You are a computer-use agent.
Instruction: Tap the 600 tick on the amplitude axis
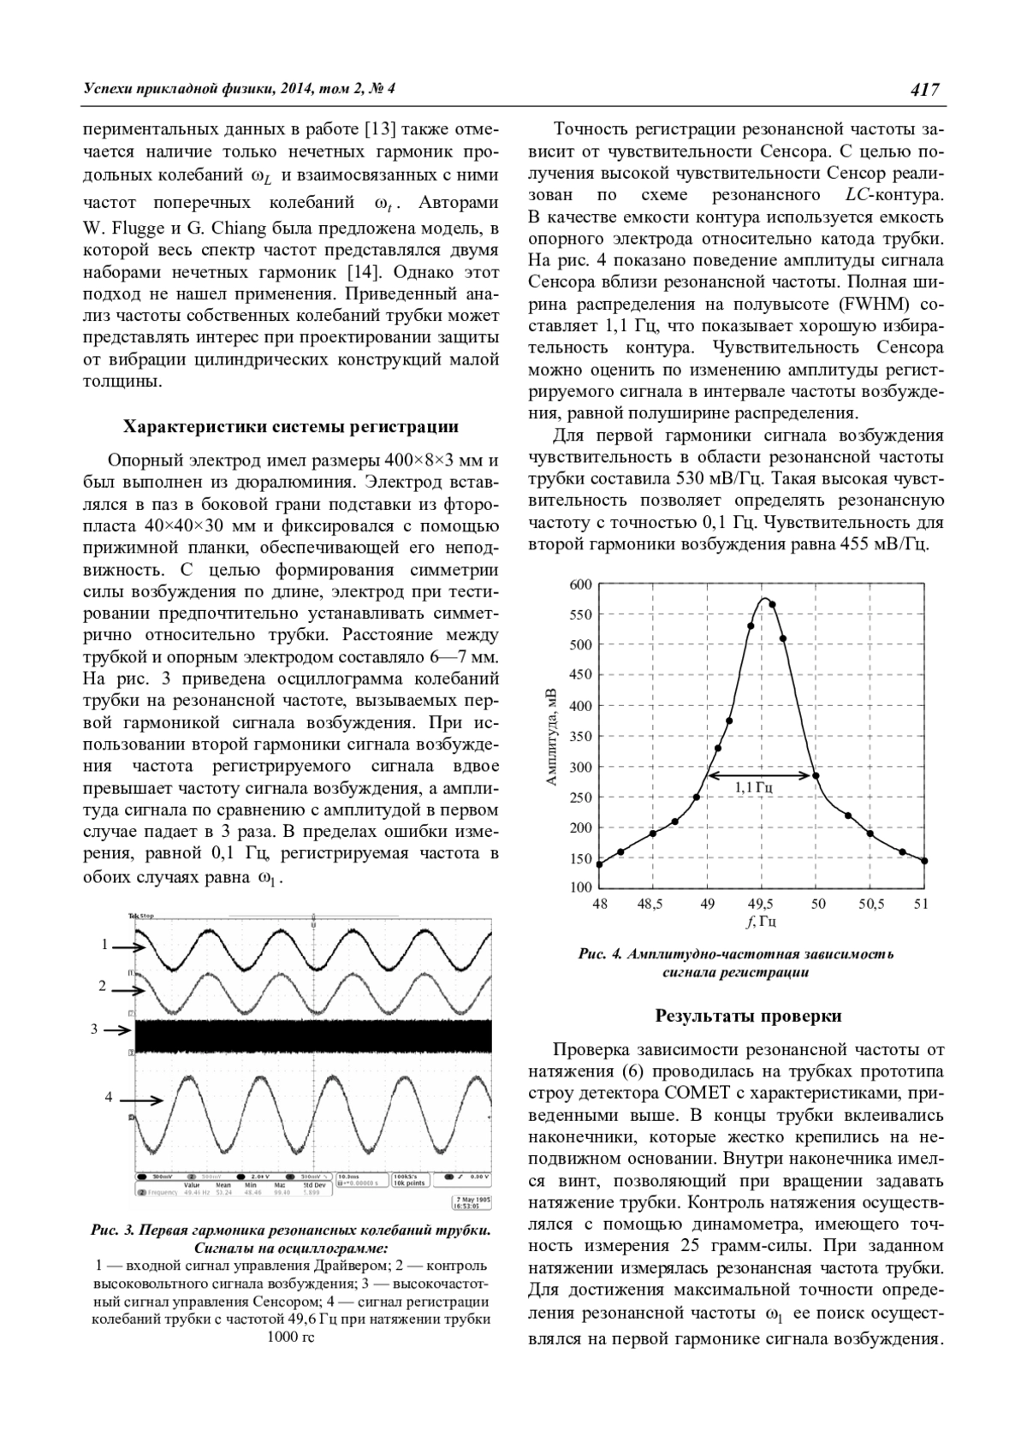[580, 584]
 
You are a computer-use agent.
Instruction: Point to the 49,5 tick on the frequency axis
[760, 904]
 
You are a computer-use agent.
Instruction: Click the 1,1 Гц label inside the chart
[754, 786]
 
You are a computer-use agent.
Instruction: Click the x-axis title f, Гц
[760, 922]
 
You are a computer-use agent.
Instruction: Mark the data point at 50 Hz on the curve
[816, 776]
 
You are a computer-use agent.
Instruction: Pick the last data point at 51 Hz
[924, 861]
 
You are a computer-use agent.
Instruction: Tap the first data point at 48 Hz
[599, 864]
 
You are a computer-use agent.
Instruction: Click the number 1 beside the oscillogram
[104, 945]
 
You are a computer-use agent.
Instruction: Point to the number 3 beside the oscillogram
[95, 1029]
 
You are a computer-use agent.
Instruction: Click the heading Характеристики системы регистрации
[291, 426]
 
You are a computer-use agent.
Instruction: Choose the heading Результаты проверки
[748, 1016]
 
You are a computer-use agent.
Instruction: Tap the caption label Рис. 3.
[113, 1231]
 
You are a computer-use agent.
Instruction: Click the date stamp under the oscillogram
[470, 1204]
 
